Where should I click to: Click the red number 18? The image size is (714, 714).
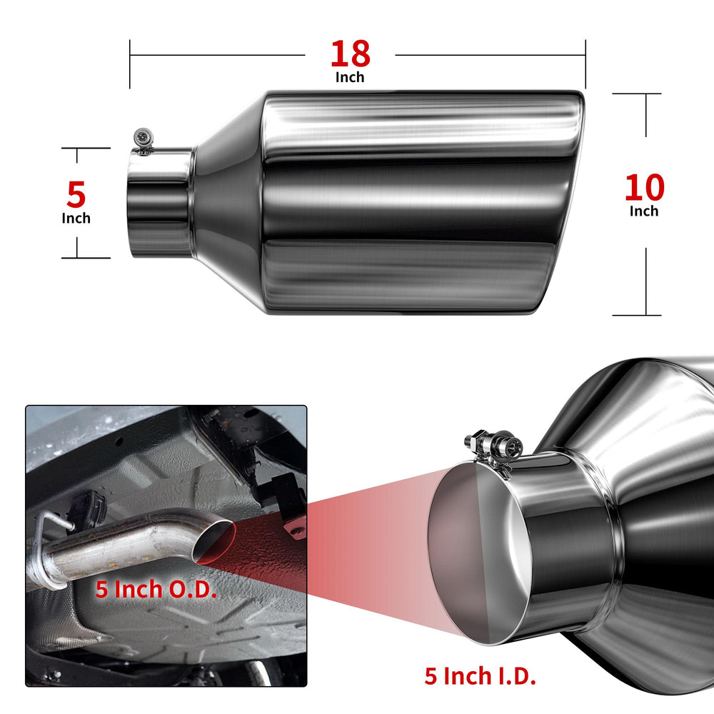350,54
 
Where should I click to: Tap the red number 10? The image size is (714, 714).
644,188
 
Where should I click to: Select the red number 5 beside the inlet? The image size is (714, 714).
76,194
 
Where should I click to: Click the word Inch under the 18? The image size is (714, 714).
350,77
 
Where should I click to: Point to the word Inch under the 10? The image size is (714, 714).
644,211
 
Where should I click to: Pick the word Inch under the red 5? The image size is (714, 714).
76,218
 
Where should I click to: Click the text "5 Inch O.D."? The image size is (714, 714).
156,589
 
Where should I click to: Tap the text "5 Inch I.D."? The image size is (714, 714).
480,675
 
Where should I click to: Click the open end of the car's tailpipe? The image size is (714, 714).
213,543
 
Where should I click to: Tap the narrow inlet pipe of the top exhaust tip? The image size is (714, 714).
160,202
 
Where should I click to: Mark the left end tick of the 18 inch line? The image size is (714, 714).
130,64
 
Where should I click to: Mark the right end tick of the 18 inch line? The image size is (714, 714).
585,64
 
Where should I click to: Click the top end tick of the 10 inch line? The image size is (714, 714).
637,94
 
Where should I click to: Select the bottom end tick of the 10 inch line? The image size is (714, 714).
637,315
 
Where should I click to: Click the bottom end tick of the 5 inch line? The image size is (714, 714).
86,258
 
